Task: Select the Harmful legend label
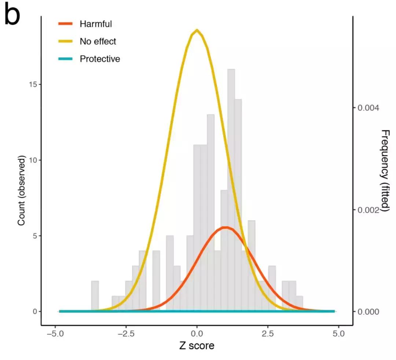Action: tap(96, 24)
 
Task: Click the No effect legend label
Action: tap(98, 41)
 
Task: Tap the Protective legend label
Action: tap(100, 59)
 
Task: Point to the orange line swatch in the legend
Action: tap(66, 24)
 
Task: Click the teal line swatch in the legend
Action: tap(66, 59)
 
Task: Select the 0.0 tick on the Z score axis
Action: tap(197, 335)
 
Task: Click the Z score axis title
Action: tap(197, 346)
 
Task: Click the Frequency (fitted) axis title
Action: tap(385, 171)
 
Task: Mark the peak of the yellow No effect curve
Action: tap(197, 30)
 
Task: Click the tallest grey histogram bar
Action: tap(231, 183)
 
